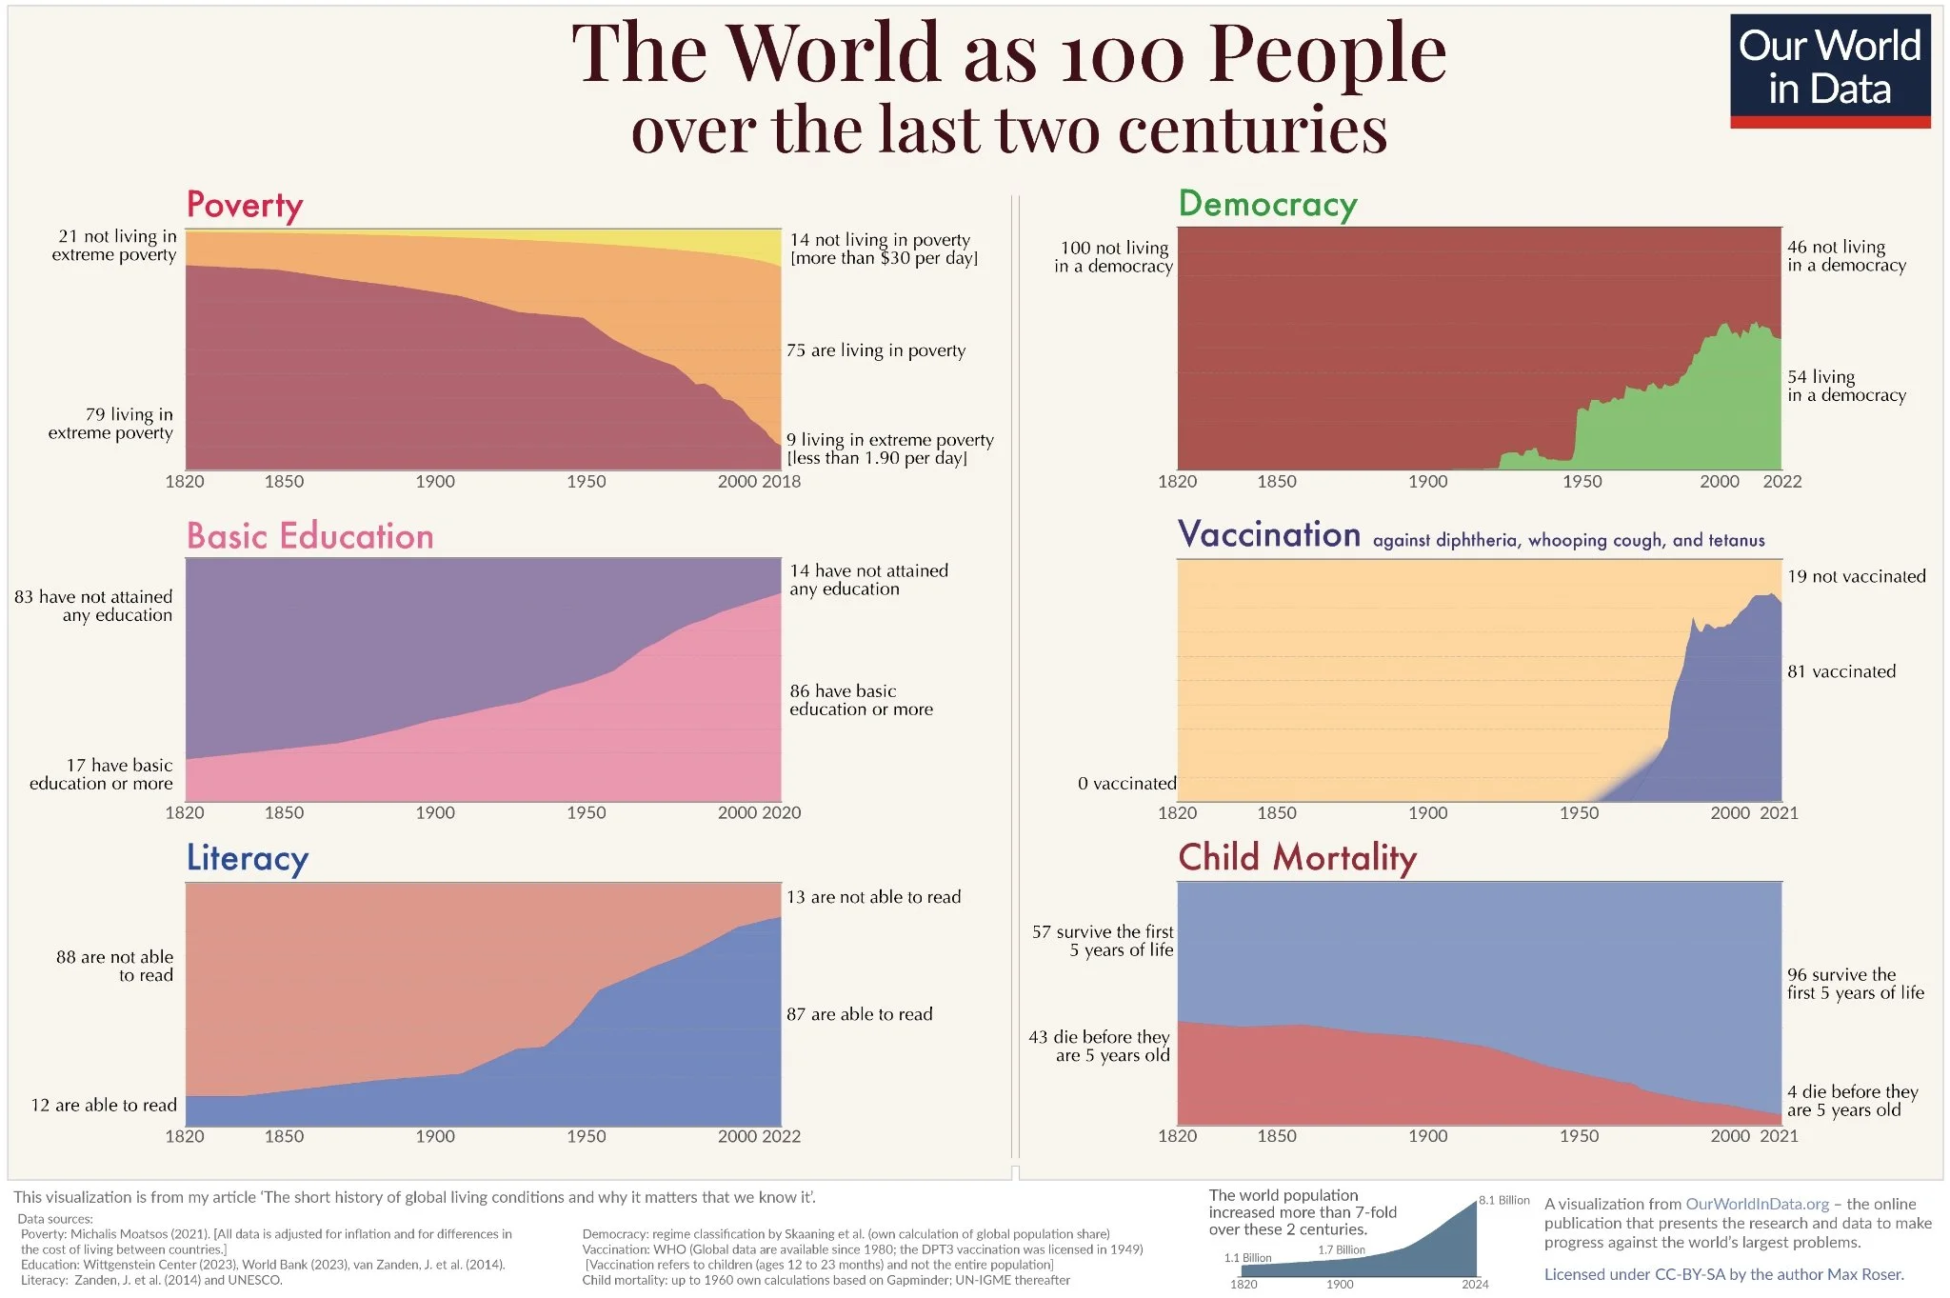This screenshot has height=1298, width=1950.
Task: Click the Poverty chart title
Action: pyautogui.click(x=245, y=205)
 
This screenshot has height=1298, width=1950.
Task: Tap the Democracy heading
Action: pyautogui.click(x=1267, y=204)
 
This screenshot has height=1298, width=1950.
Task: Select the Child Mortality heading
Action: pyautogui.click(x=1297, y=857)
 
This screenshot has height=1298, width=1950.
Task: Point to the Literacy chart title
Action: pyautogui.click(x=247, y=858)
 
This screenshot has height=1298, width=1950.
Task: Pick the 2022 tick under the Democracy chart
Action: pyautogui.click(x=1781, y=482)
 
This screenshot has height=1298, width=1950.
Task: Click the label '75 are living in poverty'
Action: pyautogui.click(x=875, y=350)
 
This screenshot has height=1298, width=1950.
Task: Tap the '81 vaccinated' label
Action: pyautogui.click(x=1841, y=671)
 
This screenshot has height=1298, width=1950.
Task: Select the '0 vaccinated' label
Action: pyautogui.click(x=1126, y=784)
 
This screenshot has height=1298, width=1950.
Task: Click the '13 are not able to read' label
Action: pyautogui.click(x=873, y=897)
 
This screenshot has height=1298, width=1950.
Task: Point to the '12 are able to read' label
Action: pyautogui.click(x=104, y=1105)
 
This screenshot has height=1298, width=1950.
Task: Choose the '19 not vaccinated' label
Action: pyautogui.click(x=1856, y=576)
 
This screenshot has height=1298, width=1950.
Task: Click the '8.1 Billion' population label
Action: pyautogui.click(x=1503, y=1200)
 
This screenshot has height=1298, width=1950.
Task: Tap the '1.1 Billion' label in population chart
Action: pyautogui.click(x=1247, y=1258)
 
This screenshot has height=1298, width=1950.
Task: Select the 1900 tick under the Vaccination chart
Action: pyautogui.click(x=1427, y=813)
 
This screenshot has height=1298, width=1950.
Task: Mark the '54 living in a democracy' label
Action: pyautogui.click(x=1845, y=386)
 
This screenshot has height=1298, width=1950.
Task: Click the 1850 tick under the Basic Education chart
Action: pyautogui.click(x=284, y=813)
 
